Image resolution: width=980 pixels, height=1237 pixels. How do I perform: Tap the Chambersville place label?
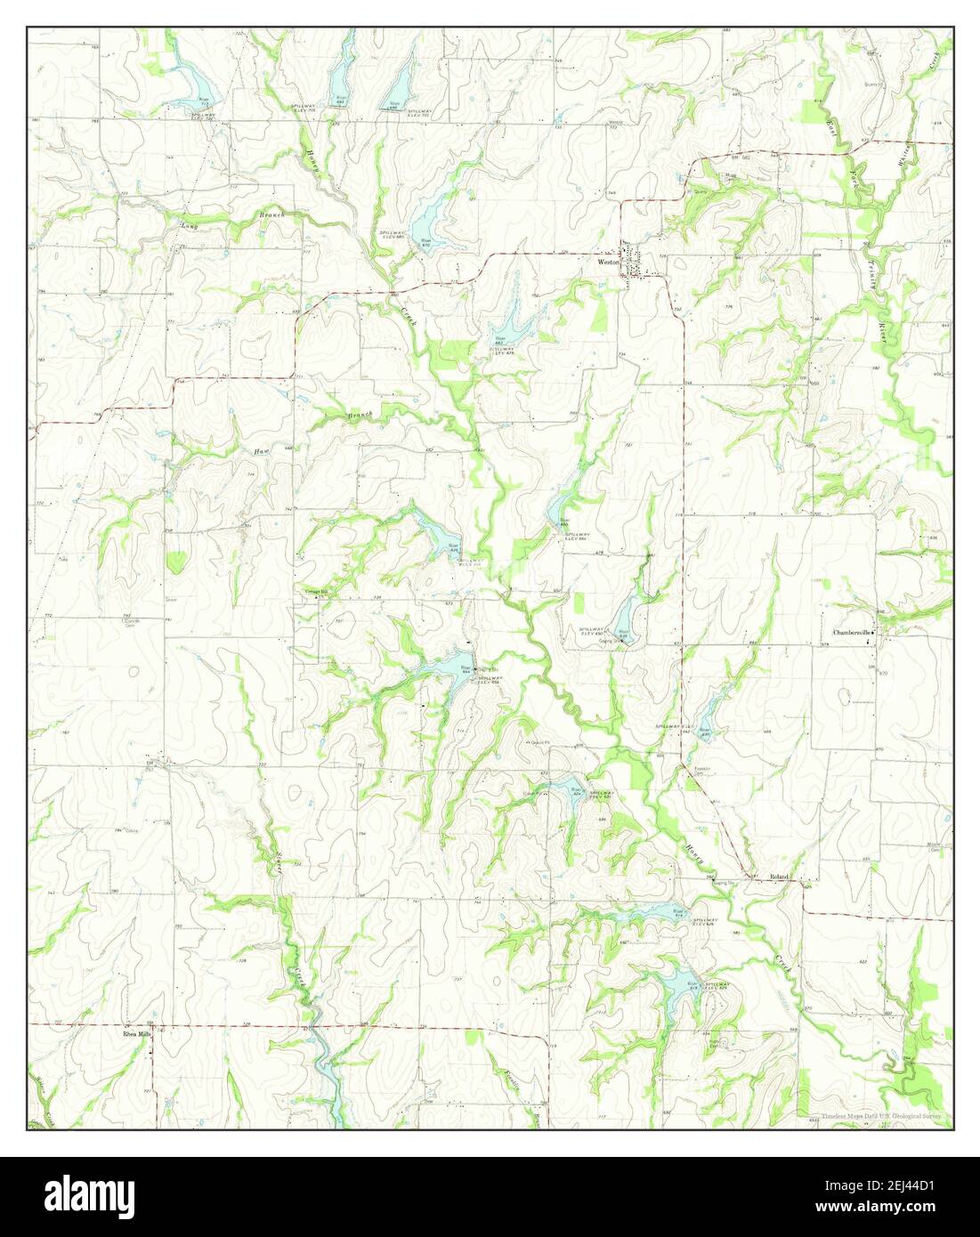pos(851,633)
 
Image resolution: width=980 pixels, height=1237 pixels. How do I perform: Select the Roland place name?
pos(780,877)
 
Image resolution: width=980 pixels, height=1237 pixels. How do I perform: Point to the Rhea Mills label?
pos(138,1035)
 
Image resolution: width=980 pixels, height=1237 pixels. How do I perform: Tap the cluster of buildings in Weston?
pos(634,263)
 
